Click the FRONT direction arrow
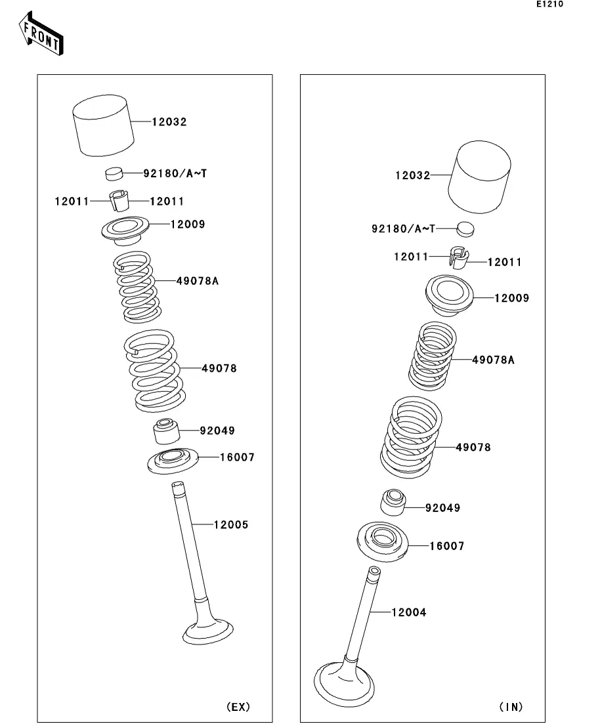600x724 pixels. tap(41, 34)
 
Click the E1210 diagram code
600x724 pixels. tap(549, 4)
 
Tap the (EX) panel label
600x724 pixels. tap(238, 706)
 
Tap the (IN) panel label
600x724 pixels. tap(511, 706)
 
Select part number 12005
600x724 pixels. tap(231, 524)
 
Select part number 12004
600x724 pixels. tap(409, 612)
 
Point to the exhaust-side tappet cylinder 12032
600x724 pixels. tap(104, 125)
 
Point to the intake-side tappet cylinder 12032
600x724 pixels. tap(480, 177)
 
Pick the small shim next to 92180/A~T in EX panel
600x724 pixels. tap(114, 173)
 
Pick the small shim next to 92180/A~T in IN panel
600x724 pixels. tap(465, 228)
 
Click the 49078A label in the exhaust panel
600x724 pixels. tap(197, 281)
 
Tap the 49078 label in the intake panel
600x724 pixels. tap(473, 447)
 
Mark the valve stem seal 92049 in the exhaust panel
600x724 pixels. tap(166, 431)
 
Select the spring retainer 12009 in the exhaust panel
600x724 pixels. tap(125, 231)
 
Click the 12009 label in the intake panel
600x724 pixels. tap(511, 298)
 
